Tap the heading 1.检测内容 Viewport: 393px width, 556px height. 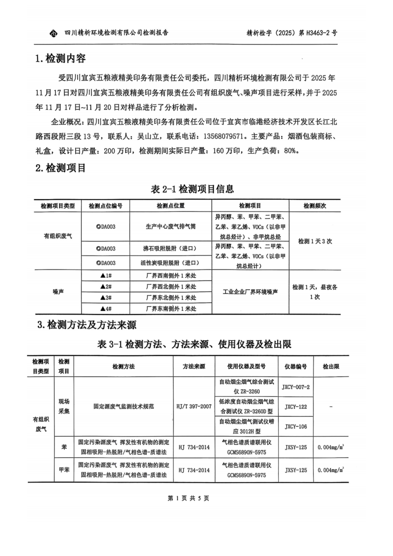point(60,59)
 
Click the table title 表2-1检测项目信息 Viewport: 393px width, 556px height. point(192,189)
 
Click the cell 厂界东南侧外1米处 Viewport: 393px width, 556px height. point(170,309)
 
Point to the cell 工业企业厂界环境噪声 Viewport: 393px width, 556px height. point(250,291)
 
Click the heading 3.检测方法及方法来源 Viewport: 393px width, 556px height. point(86,325)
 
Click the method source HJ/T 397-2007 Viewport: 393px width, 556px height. point(194,406)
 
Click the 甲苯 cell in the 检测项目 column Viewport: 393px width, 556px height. point(64,470)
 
